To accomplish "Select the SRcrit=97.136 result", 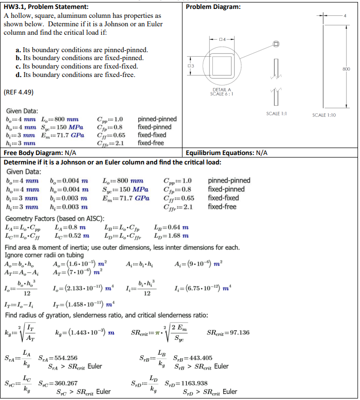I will tap(228, 332).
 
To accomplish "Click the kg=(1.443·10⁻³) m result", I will tap(84, 332).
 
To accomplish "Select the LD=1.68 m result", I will tap(172, 236).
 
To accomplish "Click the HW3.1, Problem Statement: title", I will tap(46, 6).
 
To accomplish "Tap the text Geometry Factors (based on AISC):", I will tap(54, 219).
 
